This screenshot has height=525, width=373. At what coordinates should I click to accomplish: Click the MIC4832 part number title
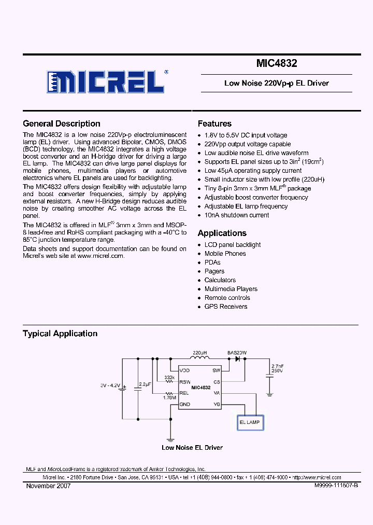point(277,64)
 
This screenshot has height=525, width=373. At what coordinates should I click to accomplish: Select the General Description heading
point(62,123)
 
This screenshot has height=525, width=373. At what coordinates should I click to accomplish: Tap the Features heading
point(214,123)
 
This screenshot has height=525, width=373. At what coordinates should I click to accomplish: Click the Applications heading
point(222,233)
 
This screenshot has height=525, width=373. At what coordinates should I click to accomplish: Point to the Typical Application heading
point(60,334)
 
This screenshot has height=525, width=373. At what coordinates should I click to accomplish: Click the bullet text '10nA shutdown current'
point(237,215)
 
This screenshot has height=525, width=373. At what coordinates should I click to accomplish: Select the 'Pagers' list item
point(214,271)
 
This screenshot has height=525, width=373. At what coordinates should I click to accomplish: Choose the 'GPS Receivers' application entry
point(226,307)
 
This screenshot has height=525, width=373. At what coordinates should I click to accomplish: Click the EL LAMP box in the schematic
point(249,423)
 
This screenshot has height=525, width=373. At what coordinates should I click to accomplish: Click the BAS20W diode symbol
point(238,358)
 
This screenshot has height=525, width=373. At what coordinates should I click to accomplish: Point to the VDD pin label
point(185,370)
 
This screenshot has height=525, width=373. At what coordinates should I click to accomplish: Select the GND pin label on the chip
point(185,404)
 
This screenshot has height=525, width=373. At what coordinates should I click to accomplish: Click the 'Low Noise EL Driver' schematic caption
point(192,447)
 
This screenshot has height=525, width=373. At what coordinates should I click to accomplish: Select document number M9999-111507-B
point(336,486)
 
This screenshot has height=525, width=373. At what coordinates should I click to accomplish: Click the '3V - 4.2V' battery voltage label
point(110,386)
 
